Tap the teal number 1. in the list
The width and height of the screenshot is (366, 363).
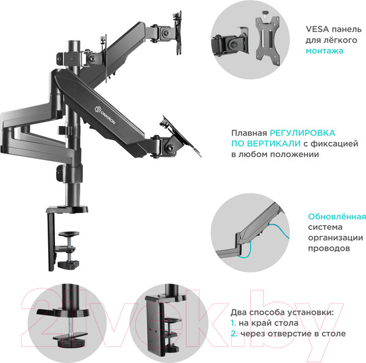pyautogui.click(x=234, y=323)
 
